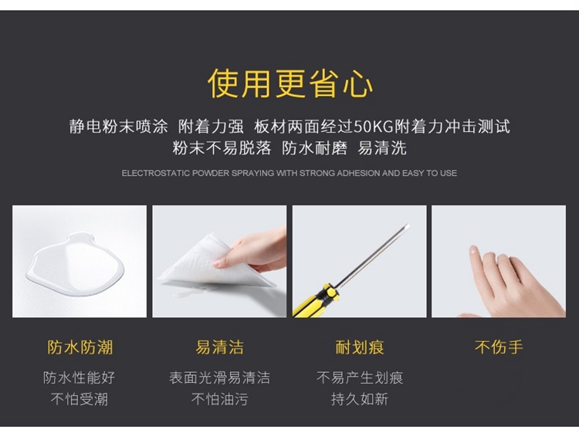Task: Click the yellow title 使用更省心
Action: pyautogui.click(x=290, y=83)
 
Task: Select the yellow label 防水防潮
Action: pyautogui.click(x=80, y=347)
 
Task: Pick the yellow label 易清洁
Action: pyautogui.click(x=220, y=347)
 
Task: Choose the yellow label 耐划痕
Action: pyautogui.click(x=360, y=347)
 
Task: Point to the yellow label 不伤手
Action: pyautogui.click(x=499, y=347)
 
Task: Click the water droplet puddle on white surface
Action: pyautogui.click(x=76, y=264)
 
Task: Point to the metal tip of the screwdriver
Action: pyautogui.click(x=407, y=225)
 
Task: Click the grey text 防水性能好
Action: pyautogui.click(x=79, y=377)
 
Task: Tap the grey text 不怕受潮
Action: pyautogui.click(x=79, y=399)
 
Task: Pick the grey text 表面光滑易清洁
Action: pyautogui.click(x=220, y=377)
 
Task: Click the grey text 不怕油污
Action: pyautogui.click(x=220, y=399)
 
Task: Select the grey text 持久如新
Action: pyautogui.click(x=360, y=399)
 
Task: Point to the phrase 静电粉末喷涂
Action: pyautogui.click(x=119, y=127)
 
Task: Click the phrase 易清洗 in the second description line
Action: pyautogui.click(x=382, y=148)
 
